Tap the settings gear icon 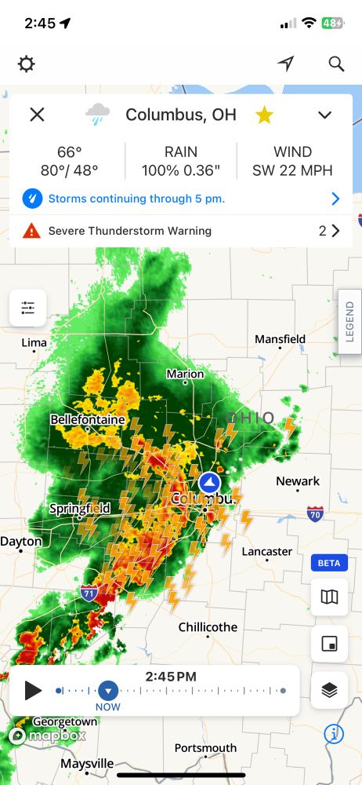click(x=27, y=64)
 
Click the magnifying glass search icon click(x=336, y=64)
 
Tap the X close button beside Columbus click(x=37, y=115)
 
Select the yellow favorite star click(x=265, y=115)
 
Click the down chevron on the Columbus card click(x=325, y=115)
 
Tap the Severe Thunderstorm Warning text click(x=130, y=231)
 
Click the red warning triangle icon click(x=31, y=231)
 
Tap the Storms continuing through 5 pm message click(x=136, y=199)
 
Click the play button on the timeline click(x=33, y=690)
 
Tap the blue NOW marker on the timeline click(x=108, y=691)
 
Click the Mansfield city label click(x=280, y=339)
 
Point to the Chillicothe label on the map click(x=208, y=627)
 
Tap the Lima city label click(x=34, y=343)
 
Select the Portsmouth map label click(x=205, y=747)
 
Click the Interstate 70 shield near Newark click(x=315, y=514)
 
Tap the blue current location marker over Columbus click(x=208, y=482)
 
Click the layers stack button click(x=329, y=690)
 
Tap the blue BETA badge click(x=329, y=563)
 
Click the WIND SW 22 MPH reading click(x=292, y=161)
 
